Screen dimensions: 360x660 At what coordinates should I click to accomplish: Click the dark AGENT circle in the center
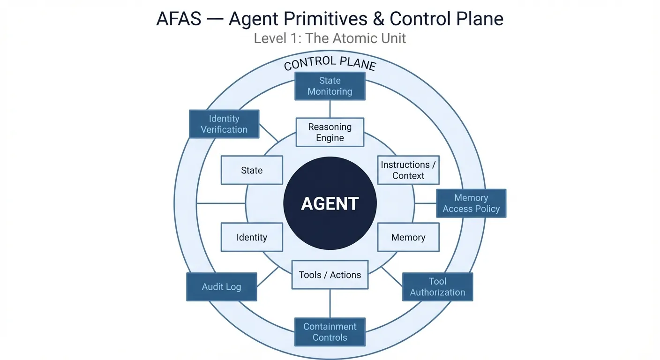[330, 203]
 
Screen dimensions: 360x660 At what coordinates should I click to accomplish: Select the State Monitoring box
[330, 86]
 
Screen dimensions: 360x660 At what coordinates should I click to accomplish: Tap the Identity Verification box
[224, 124]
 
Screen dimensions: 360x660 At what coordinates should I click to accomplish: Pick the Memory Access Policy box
[471, 203]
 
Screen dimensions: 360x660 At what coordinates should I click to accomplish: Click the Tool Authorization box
[437, 287]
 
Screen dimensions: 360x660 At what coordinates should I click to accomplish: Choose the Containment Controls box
[330, 332]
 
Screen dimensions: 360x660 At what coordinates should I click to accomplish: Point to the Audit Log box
[221, 287]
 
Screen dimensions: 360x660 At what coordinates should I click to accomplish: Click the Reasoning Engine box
[330, 132]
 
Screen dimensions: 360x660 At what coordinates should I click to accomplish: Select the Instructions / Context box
[408, 170]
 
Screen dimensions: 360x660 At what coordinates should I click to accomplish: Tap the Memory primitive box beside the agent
[408, 238]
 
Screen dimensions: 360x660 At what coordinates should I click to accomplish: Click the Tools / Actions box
[330, 275]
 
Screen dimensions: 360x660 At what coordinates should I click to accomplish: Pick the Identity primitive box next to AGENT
[252, 238]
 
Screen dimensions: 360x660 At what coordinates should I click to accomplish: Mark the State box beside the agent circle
[252, 170]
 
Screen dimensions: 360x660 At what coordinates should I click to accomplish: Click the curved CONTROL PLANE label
[330, 63]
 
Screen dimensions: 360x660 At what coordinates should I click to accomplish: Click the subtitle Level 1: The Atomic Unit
[330, 38]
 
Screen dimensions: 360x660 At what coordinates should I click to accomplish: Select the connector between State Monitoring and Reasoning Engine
[330, 109]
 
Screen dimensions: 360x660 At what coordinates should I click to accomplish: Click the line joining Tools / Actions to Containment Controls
[330, 304]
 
